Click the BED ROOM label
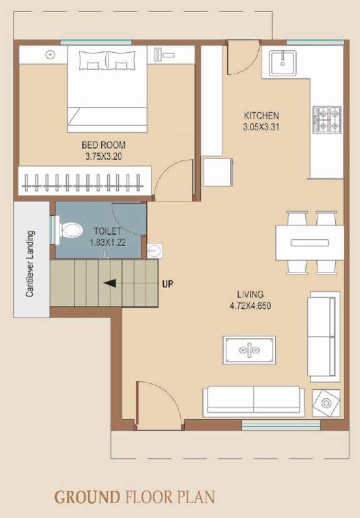(x=103, y=144)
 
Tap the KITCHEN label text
(x=261, y=115)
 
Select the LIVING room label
(x=250, y=294)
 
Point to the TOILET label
(x=107, y=231)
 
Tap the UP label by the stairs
(x=168, y=283)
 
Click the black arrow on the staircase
(x=108, y=283)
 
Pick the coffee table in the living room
(x=249, y=349)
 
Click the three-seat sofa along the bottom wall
(x=253, y=400)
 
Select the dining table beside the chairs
(x=311, y=240)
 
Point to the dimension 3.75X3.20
(x=103, y=156)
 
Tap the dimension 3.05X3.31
(x=261, y=127)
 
